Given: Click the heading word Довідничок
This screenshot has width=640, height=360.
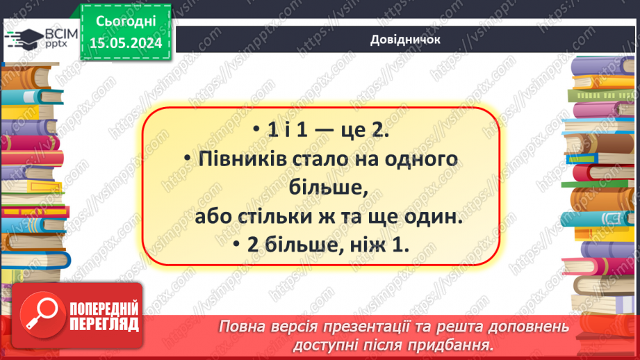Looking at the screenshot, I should [406, 40].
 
